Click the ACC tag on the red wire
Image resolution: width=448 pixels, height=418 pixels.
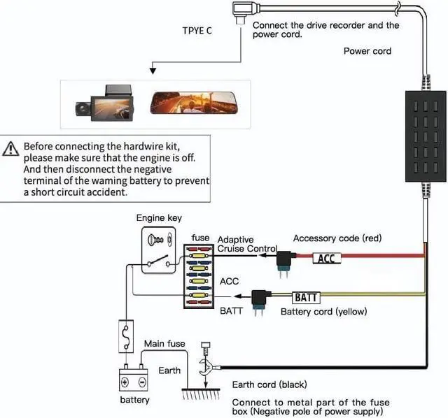pos(326,259)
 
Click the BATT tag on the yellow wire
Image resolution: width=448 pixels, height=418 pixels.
pos(304,297)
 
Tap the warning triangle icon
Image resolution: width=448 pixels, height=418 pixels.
pos(10,148)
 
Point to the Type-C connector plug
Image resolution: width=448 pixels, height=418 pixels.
pos(240,12)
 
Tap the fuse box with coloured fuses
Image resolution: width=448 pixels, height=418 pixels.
pos(199,276)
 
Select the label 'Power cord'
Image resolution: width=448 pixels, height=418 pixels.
pos(367,51)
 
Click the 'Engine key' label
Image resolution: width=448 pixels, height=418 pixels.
pos(159,217)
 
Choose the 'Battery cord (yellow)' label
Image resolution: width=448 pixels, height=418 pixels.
pos(323,312)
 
